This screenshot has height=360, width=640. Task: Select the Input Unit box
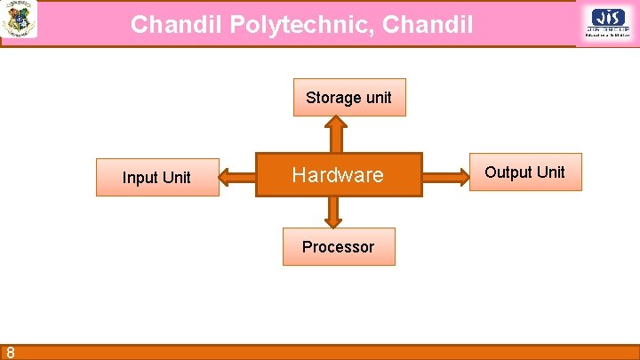pos(157,177)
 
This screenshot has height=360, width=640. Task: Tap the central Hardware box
pos(339,175)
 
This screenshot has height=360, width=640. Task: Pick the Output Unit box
pos(524,172)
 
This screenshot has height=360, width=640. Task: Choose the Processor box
pos(338,246)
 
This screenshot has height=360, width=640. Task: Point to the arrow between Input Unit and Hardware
pos(236,176)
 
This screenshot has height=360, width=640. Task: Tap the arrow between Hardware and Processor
pos(333,212)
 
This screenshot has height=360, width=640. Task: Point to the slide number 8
pos(9,352)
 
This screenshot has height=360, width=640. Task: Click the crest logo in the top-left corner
pos(19,19)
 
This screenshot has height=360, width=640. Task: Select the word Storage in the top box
pos(333,97)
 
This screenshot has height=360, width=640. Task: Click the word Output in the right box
pos(508,172)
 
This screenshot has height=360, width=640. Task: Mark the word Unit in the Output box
pos(549,172)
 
